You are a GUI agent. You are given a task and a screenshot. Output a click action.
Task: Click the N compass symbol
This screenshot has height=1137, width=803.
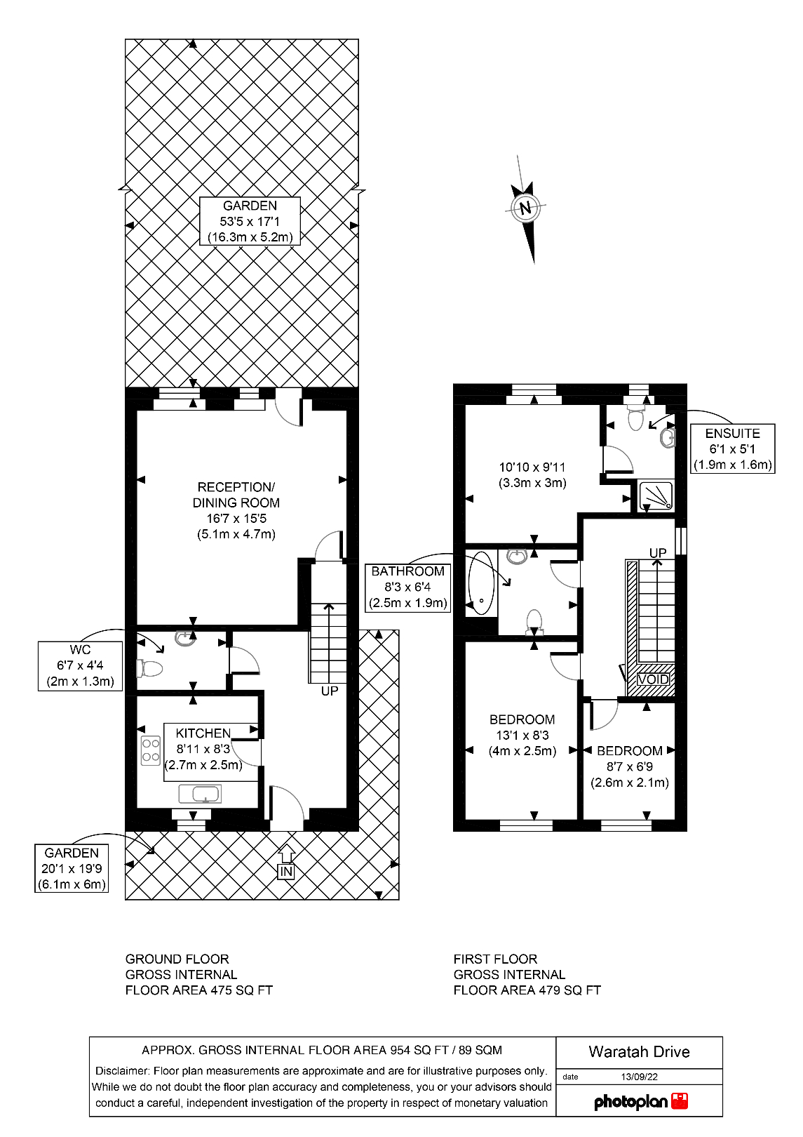tap(525, 208)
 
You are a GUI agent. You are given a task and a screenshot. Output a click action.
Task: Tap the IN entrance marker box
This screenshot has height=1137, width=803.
tap(285, 872)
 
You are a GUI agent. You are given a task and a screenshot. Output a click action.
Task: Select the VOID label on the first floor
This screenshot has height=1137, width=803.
tap(653, 679)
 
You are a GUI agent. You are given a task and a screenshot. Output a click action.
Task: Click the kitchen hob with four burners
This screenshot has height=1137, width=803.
tap(151, 750)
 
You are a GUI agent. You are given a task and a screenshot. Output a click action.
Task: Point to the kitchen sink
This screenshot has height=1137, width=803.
tap(200, 794)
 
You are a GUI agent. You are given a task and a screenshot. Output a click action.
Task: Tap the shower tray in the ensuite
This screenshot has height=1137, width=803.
tap(656, 495)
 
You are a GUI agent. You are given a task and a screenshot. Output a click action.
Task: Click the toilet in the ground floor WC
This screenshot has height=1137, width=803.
tap(150, 668)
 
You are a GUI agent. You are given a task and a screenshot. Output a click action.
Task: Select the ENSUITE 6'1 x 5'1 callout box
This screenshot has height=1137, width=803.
tap(732, 448)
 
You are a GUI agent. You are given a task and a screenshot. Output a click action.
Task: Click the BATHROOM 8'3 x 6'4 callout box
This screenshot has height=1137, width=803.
tap(407, 587)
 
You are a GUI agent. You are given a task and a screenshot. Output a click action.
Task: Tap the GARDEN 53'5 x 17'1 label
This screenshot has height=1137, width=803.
tap(250, 221)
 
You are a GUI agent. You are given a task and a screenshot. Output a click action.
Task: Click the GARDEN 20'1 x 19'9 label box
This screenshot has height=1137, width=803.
tap(72, 868)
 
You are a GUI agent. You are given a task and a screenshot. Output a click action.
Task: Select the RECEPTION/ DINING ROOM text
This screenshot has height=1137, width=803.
tap(236, 495)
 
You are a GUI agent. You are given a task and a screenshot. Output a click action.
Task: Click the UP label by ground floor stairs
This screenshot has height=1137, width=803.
tap(330, 691)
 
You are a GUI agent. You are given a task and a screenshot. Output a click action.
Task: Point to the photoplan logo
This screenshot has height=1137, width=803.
tap(640, 1101)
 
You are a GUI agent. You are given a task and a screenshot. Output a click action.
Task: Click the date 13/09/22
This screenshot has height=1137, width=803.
tap(639, 1077)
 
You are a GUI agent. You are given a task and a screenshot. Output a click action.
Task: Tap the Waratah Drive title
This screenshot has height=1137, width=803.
tap(639, 1052)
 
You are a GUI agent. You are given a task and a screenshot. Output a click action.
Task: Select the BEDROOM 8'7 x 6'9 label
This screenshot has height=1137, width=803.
tap(629, 766)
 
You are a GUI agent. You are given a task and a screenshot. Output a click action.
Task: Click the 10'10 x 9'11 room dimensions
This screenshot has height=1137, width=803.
tap(532, 474)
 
